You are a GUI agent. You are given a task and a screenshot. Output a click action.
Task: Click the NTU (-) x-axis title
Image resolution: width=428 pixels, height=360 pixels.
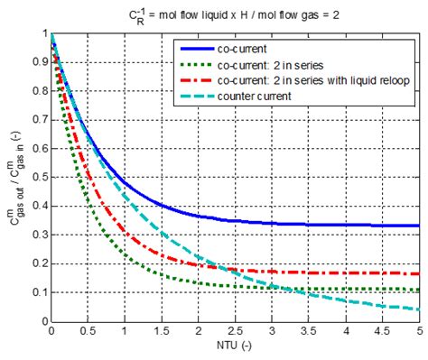click(233, 347)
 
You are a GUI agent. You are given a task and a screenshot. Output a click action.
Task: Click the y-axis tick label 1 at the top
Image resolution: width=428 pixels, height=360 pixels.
click(42, 33)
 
